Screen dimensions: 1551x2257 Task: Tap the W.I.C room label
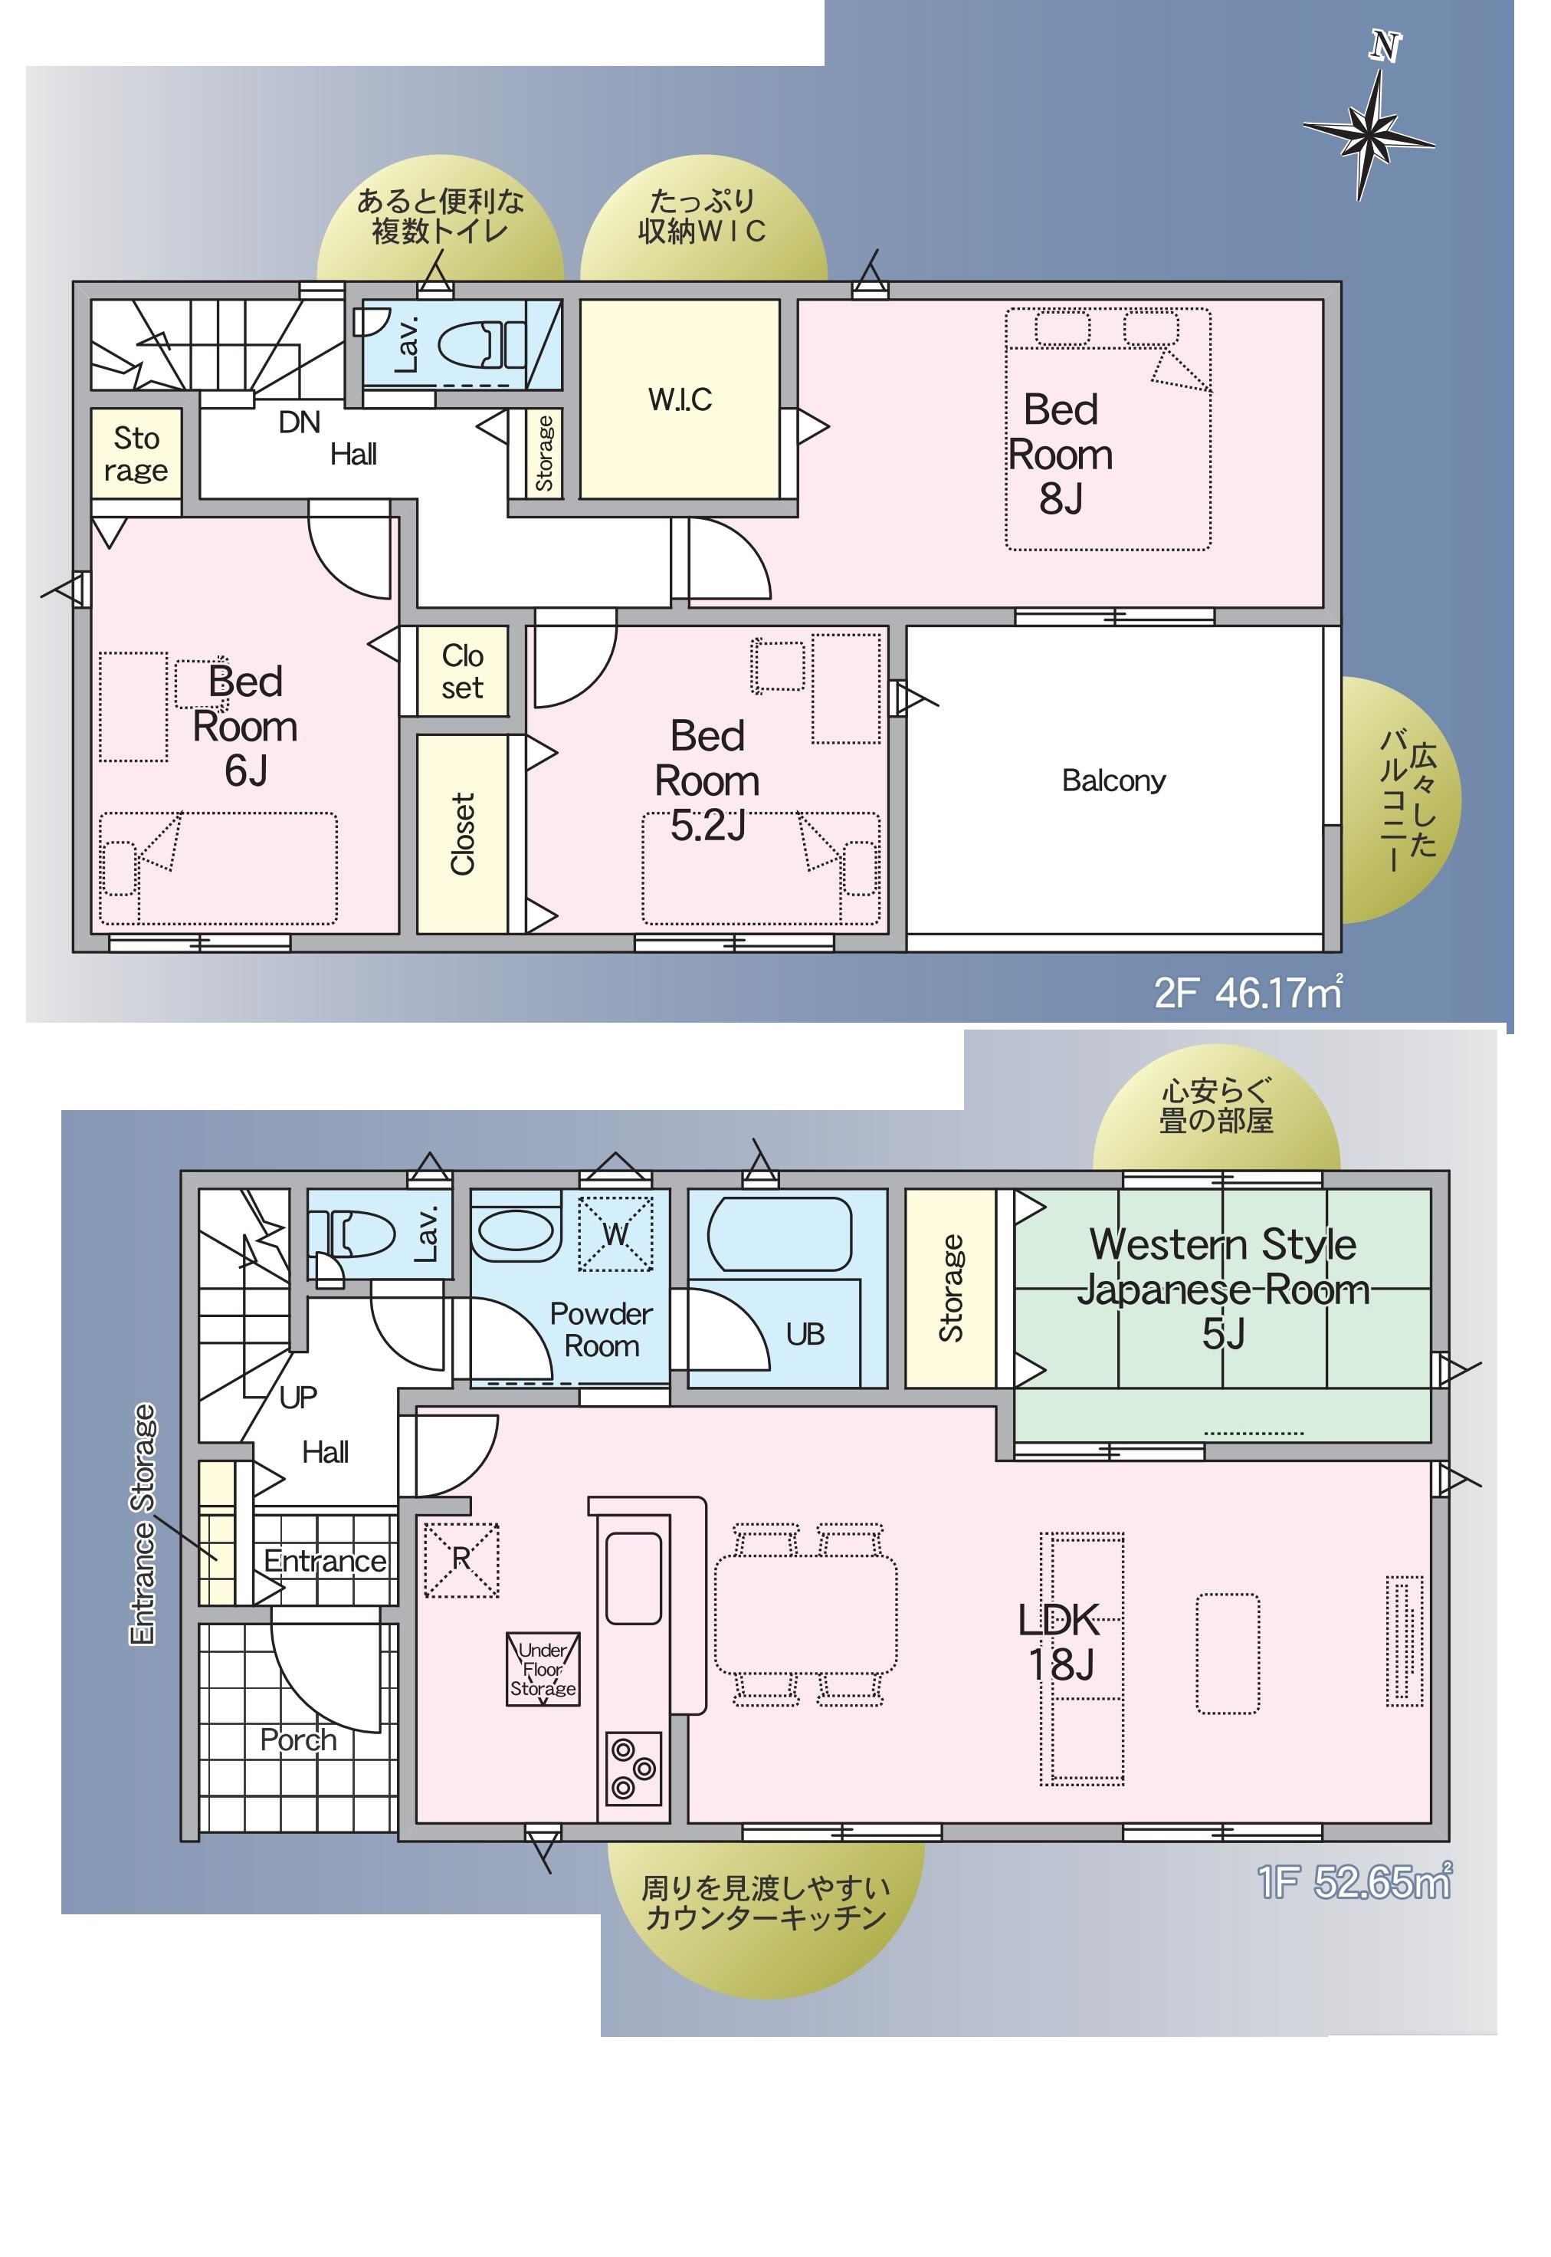tap(680, 399)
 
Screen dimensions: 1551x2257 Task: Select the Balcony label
tap(1113, 780)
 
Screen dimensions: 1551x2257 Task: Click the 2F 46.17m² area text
tap(1249, 992)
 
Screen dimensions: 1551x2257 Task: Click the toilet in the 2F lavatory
tap(482, 344)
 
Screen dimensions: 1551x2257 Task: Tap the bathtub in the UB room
tap(779, 1234)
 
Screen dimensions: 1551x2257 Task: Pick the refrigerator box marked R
tap(461, 1560)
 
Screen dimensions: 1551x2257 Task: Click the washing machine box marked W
tap(616, 1234)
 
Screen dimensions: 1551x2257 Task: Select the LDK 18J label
tap(1061, 1641)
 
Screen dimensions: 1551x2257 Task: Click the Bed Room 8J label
tap(1061, 454)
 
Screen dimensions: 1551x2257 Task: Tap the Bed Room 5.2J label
tap(707, 780)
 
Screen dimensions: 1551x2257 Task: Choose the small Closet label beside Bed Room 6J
tap(463, 672)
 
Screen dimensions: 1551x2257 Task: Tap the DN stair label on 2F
tap(300, 422)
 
